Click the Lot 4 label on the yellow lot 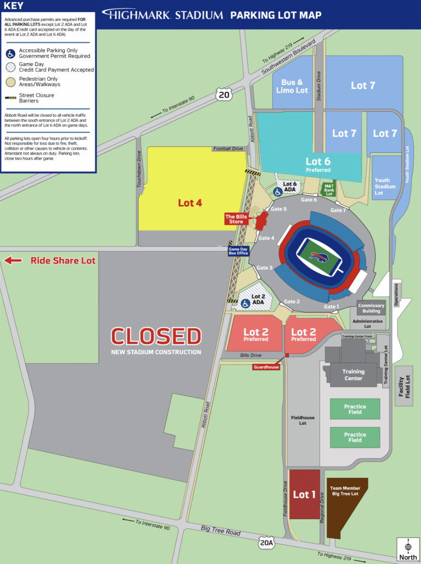pos(190,203)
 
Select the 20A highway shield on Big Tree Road pos(266,542)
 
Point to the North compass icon pos(407,549)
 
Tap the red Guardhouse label pos(266,367)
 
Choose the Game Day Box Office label pos(238,251)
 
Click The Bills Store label pos(237,219)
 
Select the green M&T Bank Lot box pos(328,190)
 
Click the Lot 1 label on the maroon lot pos(304,494)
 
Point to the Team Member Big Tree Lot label pos(345,490)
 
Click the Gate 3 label pos(265,267)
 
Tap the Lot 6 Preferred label pos(318,164)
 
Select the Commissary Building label pos(371,308)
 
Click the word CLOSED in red pos(156,336)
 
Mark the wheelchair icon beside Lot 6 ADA pos(278,192)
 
